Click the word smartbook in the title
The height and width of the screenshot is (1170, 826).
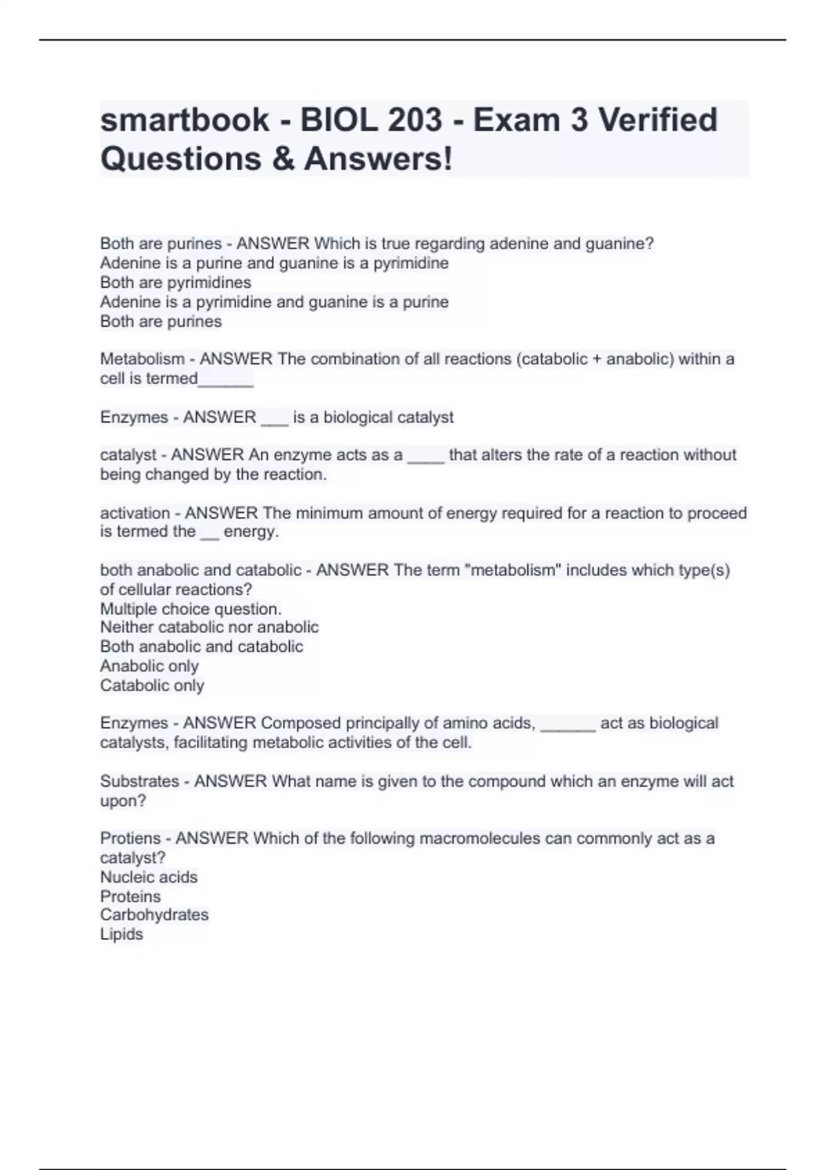[x=184, y=120]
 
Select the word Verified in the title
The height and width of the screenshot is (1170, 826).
[x=657, y=120]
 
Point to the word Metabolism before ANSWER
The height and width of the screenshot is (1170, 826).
[x=142, y=359]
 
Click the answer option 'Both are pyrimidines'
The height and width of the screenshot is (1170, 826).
[x=176, y=283]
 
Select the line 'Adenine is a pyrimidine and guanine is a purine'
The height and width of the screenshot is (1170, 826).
[x=274, y=302]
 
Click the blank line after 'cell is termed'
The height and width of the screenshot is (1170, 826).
[x=226, y=380]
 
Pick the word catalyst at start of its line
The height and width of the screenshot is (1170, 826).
[x=128, y=455]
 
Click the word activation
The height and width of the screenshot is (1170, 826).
[x=135, y=513]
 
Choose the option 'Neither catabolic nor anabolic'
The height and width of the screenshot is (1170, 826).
[x=209, y=628]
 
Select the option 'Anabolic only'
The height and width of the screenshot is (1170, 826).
[x=149, y=666]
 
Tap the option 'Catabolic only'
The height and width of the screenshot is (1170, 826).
[x=152, y=685]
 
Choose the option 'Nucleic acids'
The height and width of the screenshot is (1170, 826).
[x=149, y=877]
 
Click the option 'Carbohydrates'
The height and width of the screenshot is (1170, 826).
[x=154, y=915]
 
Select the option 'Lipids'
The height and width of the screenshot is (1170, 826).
[x=122, y=935]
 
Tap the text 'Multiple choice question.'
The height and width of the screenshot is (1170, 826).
[x=191, y=609]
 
